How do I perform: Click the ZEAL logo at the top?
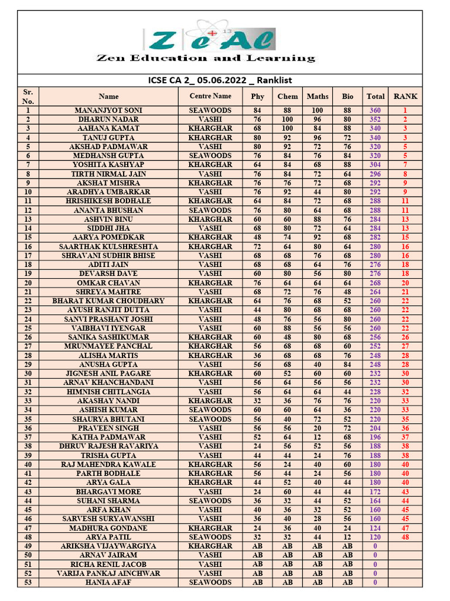[210, 39]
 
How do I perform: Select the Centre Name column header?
[210, 96]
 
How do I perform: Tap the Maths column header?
[318, 96]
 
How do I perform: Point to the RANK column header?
[405, 96]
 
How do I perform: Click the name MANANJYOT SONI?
[108, 110]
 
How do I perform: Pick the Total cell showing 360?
[375, 110]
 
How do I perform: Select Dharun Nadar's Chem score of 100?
[287, 119]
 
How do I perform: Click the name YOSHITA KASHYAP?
[108, 165]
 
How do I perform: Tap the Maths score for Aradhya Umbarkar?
[318, 192]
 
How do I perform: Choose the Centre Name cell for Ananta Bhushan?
[210, 210]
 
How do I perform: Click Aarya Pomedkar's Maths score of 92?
[318, 237]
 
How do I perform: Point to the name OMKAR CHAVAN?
[108, 283]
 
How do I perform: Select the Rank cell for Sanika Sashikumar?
[405, 337]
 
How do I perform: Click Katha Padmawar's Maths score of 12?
[318, 437]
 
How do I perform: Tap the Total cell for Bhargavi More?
[375, 492]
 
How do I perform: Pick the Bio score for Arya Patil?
[347, 537]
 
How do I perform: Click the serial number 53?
[28, 583]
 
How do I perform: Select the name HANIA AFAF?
[108, 583]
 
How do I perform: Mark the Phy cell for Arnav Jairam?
[257, 555]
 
